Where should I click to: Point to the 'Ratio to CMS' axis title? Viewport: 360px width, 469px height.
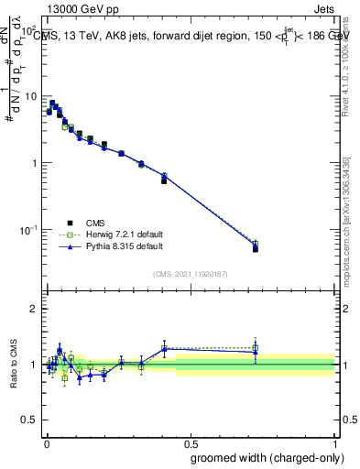click(x=14, y=365)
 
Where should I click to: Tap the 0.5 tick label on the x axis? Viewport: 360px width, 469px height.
click(x=191, y=443)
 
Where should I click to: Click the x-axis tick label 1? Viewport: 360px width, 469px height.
click(x=336, y=443)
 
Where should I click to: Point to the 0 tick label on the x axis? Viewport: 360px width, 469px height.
click(x=47, y=443)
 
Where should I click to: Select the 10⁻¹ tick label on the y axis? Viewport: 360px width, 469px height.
click(x=27, y=228)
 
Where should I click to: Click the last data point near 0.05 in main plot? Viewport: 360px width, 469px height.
click(x=256, y=247)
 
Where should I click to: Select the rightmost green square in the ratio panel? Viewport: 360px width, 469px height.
click(x=256, y=347)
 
